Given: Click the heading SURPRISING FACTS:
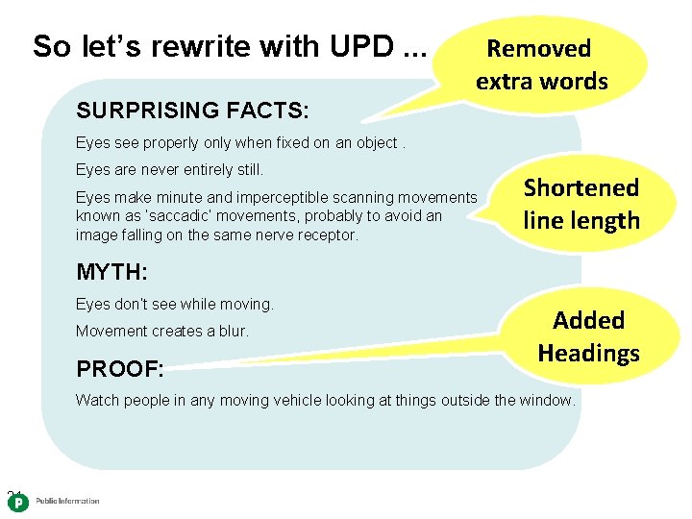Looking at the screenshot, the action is click(x=192, y=111).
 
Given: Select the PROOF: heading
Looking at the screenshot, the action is click(x=120, y=369).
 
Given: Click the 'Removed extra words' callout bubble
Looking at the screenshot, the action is click(x=541, y=64).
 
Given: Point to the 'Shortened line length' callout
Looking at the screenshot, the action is click(x=581, y=204).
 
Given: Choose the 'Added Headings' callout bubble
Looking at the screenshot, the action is click(x=588, y=336).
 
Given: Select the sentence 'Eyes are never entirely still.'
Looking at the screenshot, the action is click(x=169, y=170).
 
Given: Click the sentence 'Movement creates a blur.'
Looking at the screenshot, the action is click(x=161, y=331).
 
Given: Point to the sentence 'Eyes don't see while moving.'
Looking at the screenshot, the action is click(x=174, y=305).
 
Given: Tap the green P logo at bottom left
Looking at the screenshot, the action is click(x=18, y=503).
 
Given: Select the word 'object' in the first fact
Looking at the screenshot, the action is click(x=372, y=143).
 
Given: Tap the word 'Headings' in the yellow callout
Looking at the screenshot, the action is click(x=588, y=353).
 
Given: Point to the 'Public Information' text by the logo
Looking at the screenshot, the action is click(x=67, y=502).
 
